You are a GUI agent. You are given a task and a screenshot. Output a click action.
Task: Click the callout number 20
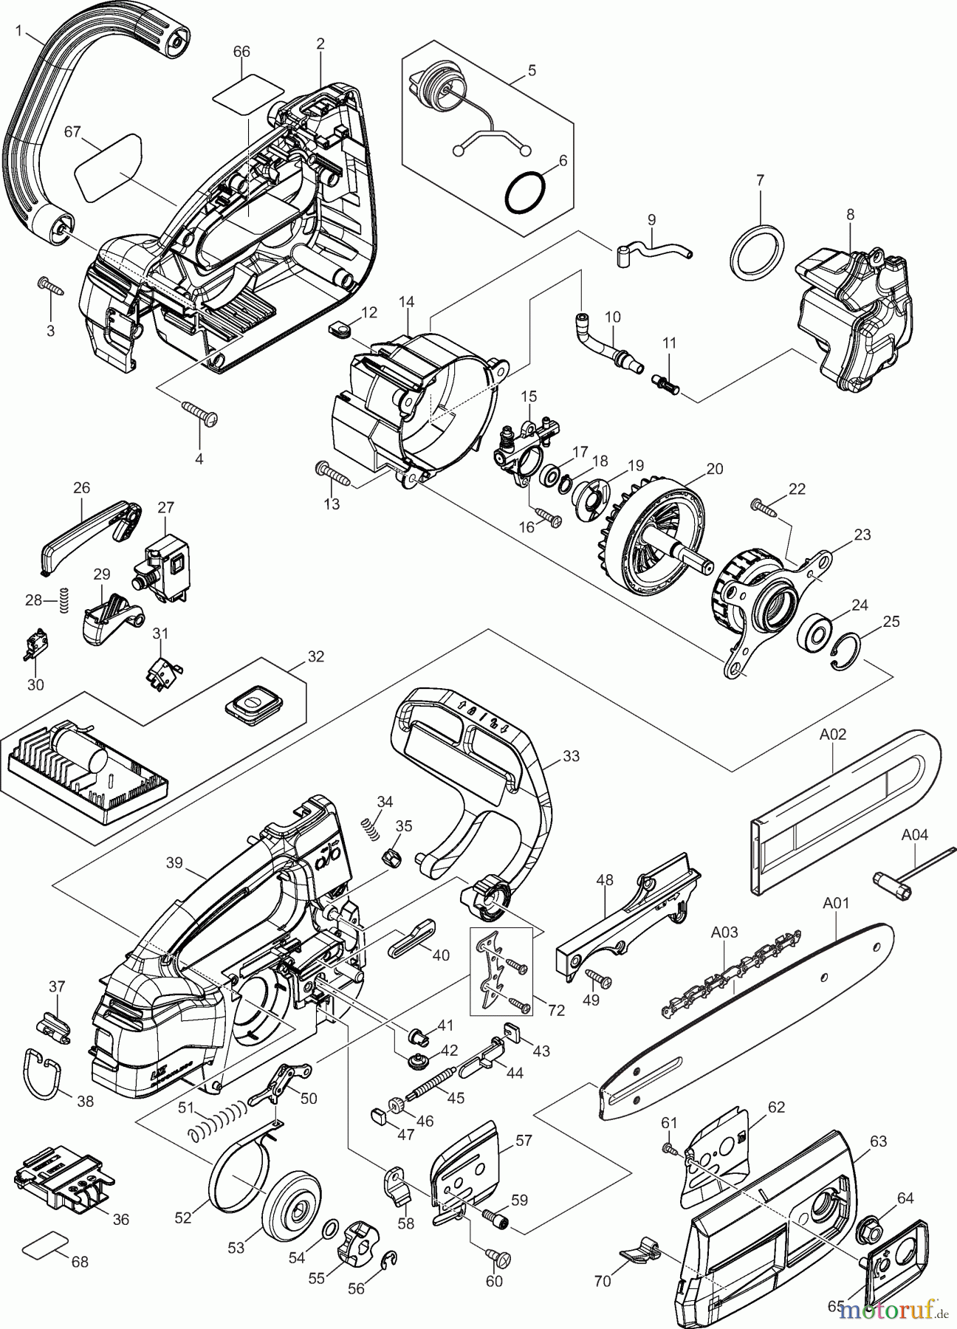(x=714, y=469)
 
